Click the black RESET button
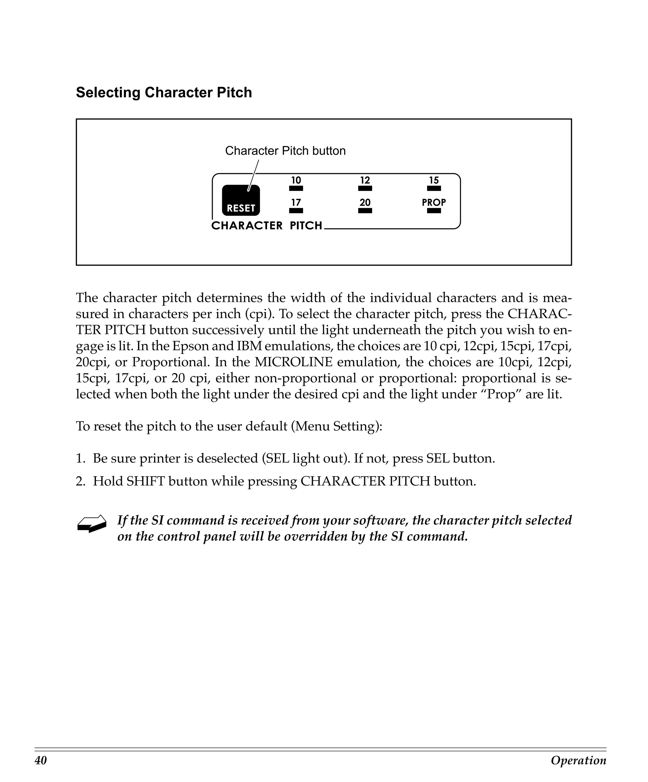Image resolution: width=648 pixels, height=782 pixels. (241, 200)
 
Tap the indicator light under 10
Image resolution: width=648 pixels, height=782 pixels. (296, 188)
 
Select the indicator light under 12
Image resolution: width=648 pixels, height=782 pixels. (365, 188)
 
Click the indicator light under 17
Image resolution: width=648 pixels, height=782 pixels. (296, 211)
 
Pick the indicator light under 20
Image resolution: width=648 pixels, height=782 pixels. (365, 211)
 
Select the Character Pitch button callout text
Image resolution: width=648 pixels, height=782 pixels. (285, 151)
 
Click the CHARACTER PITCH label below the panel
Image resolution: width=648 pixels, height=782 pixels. (266, 226)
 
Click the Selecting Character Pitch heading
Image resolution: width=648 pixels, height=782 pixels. (164, 93)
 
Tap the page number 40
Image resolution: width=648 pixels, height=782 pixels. (41, 760)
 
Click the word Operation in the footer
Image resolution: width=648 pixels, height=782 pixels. (578, 760)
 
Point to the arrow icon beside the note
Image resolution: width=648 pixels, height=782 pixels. (91, 523)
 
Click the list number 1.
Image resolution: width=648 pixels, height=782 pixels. (80, 458)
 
